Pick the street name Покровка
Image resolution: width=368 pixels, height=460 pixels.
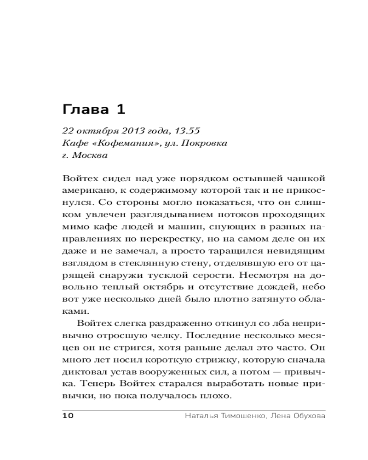[x=204, y=143]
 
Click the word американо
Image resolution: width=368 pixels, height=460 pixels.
[x=86, y=190]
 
